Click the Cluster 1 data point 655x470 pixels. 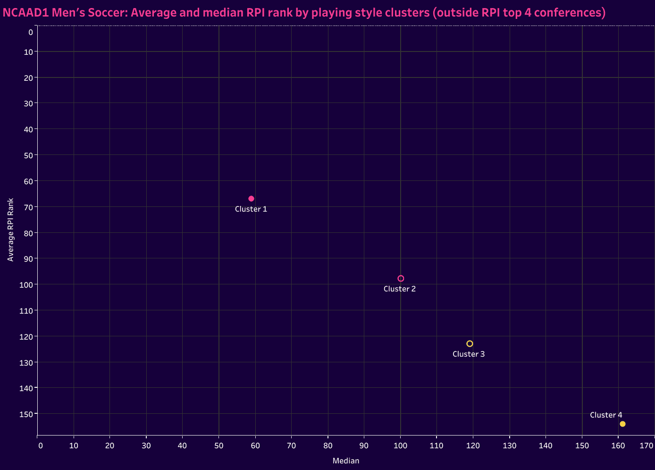(x=251, y=198)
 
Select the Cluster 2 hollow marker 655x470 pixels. (x=401, y=278)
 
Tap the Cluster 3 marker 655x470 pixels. (x=470, y=343)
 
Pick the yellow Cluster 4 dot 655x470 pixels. (x=622, y=424)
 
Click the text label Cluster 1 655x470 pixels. (x=251, y=209)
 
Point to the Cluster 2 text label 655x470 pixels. (x=400, y=289)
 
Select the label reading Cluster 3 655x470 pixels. (x=469, y=354)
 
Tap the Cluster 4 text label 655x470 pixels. (x=606, y=415)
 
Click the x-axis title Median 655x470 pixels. (x=346, y=461)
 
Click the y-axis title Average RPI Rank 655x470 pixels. (x=10, y=230)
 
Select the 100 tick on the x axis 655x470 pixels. (x=401, y=445)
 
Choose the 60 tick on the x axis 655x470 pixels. (x=255, y=445)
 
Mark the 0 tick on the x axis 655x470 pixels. (x=40, y=445)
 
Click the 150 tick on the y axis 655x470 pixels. (x=27, y=414)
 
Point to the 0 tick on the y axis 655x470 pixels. (x=30, y=32)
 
